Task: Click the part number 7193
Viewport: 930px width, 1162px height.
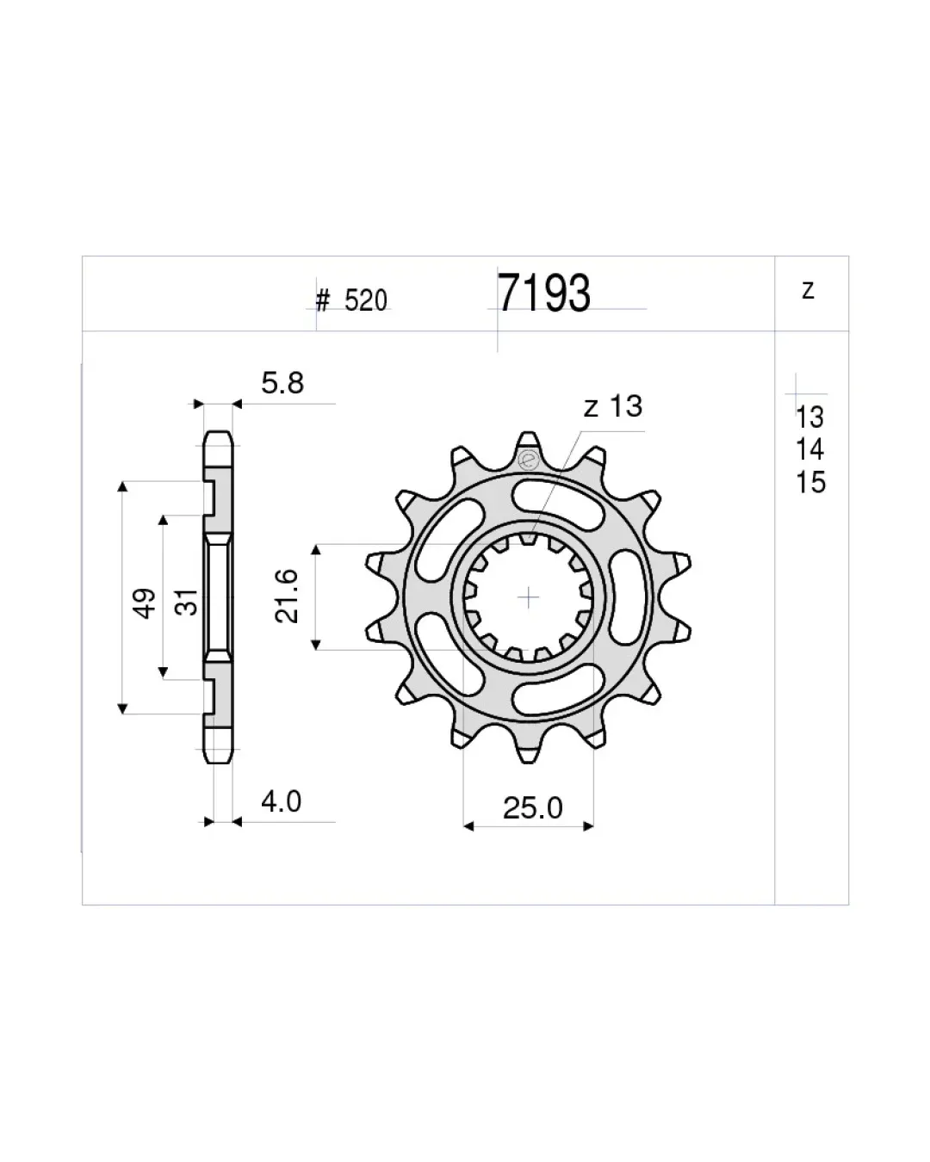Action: click(543, 293)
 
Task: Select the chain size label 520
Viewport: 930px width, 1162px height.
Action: click(366, 300)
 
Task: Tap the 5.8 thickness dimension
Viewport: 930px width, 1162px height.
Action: click(282, 383)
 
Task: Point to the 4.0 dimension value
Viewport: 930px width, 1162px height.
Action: click(281, 801)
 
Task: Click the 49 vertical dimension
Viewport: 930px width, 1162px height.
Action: click(144, 603)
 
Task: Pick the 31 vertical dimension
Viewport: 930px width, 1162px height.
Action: click(187, 602)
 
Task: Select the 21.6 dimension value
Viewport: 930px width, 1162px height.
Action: click(287, 596)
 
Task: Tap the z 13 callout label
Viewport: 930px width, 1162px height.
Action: click(613, 406)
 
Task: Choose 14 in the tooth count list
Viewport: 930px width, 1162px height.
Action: click(809, 449)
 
